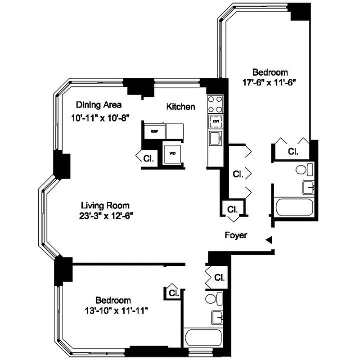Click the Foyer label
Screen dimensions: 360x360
point(236,235)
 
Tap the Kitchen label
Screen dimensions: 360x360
point(180,107)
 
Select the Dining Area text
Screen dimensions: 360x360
point(99,105)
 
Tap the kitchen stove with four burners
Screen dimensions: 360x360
point(215,104)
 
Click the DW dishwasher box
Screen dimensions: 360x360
point(216,121)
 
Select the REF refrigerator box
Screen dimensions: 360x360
point(154,131)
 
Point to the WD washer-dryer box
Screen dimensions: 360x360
point(173,153)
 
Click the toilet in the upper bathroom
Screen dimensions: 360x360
point(304,170)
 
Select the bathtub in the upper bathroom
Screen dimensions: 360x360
point(294,208)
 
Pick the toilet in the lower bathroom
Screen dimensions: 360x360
point(215,298)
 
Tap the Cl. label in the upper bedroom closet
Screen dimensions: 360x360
point(293,151)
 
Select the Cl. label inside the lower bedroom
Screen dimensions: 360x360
point(174,292)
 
